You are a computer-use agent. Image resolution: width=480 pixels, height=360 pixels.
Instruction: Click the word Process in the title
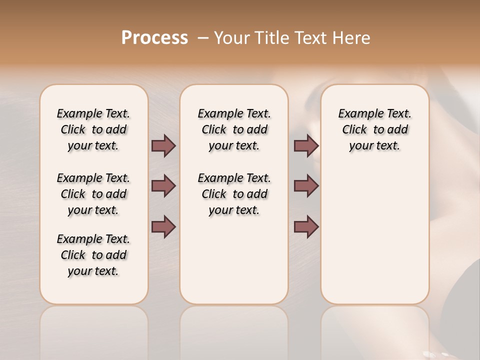[x=154, y=38]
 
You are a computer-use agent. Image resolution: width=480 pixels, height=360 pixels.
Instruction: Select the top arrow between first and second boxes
[x=163, y=145]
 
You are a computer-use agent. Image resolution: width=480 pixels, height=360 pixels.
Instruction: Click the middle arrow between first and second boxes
[x=163, y=186]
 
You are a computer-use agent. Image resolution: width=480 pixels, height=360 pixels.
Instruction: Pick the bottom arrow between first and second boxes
[x=163, y=226]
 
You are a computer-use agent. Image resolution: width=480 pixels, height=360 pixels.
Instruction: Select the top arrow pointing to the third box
[x=306, y=145]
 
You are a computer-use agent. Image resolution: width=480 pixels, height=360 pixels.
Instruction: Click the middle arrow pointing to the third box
[x=306, y=186]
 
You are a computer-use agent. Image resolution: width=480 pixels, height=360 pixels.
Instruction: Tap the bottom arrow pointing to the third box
[x=306, y=226]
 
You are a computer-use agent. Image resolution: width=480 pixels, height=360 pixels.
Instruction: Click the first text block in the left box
[x=93, y=129]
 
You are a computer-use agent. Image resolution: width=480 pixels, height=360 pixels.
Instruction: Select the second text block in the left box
[x=93, y=194]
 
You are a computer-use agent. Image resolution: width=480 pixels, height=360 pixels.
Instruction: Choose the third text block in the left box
[x=93, y=255]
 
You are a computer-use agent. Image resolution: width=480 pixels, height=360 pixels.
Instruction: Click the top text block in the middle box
[x=234, y=129]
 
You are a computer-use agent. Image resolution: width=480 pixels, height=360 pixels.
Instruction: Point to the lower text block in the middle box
[x=234, y=194]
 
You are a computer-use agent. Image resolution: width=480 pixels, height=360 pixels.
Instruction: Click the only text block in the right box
[x=374, y=129]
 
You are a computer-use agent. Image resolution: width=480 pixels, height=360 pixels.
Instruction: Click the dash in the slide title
[x=203, y=38]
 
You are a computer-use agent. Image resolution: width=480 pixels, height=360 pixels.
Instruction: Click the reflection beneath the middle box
[x=234, y=330]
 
